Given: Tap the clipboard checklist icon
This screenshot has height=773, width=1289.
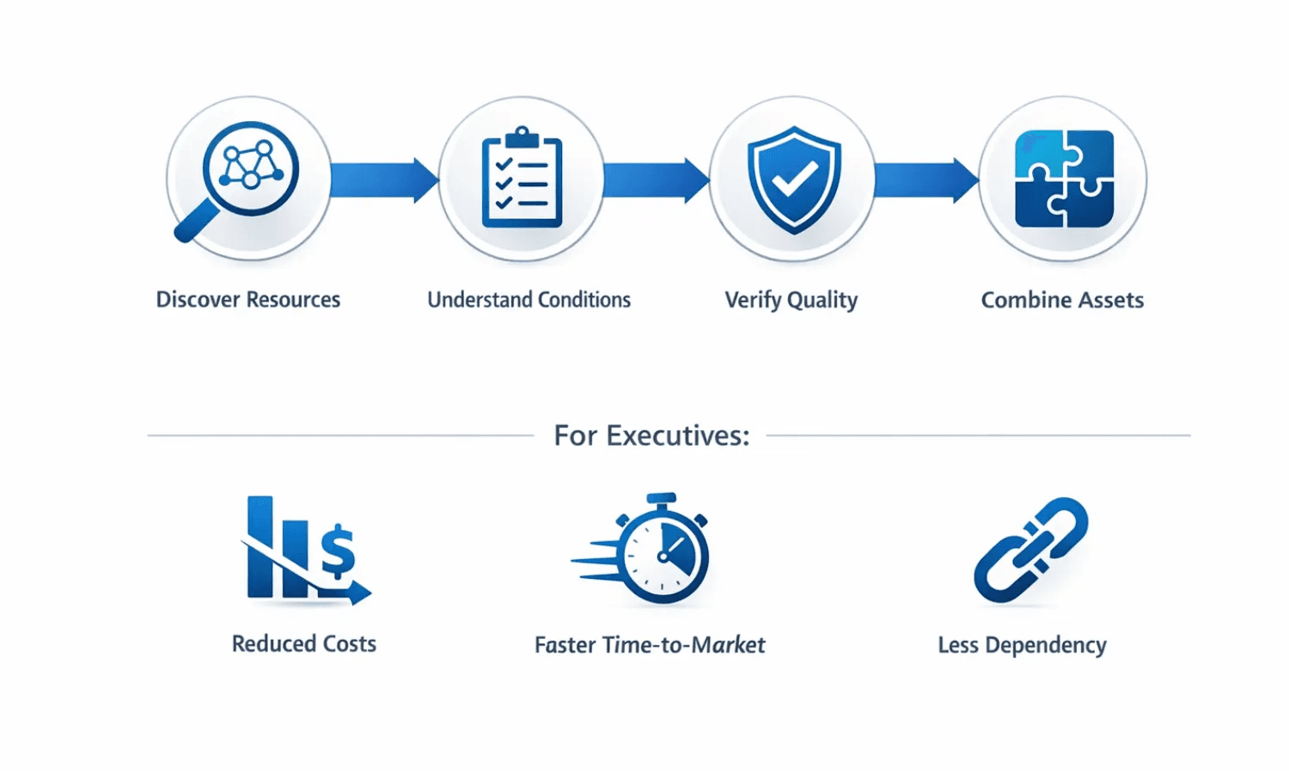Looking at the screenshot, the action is (522, 178).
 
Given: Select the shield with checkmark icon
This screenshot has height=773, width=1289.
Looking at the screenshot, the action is (794, 179).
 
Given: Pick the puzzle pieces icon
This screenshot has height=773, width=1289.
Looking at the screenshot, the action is (1064, 179).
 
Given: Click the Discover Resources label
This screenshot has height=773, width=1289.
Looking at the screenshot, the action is (247, 300).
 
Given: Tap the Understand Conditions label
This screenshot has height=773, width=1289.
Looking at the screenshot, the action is (528, 300).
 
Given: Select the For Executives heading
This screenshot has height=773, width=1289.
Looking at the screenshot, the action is (651, 435).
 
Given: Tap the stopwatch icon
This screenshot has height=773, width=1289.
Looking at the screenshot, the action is (663, 551).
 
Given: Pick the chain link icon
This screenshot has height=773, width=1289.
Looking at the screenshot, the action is (1030, 549).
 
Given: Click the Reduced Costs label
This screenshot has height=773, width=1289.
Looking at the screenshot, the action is (303, 644).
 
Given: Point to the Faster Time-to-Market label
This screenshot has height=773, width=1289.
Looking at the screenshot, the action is (649, 645).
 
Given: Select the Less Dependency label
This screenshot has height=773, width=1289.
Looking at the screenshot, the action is (1022, 645).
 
